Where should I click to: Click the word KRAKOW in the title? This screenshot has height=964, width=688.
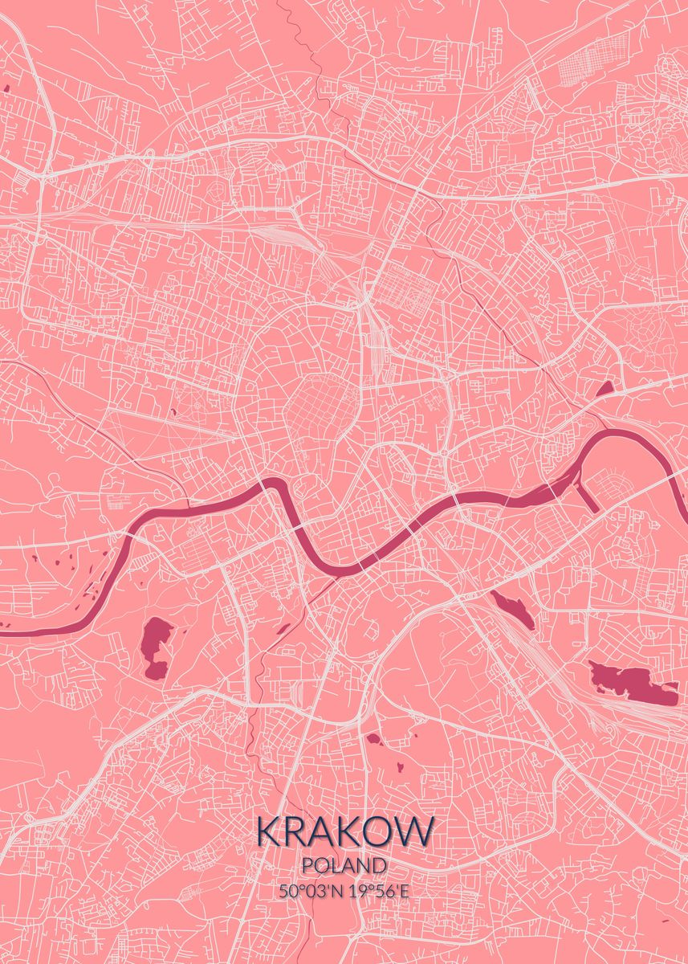(x=345, y=831)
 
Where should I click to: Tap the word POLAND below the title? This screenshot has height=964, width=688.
(x=345, y=865)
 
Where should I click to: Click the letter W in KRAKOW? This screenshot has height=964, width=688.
(x=414, y=831)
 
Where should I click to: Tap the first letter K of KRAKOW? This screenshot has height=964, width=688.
(x=269, y=831)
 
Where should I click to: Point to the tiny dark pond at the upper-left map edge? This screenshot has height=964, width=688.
(x=6, y=88)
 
